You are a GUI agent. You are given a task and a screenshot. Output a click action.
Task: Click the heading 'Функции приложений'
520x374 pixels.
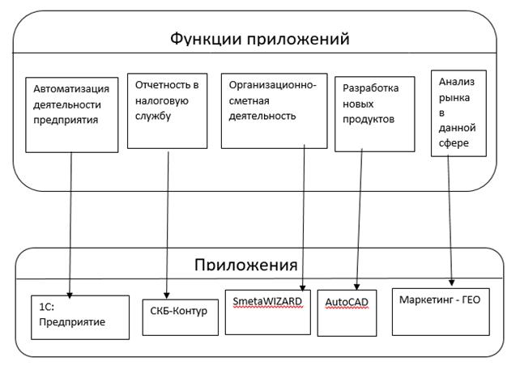259,38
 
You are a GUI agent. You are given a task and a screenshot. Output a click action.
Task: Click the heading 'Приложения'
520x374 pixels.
245,265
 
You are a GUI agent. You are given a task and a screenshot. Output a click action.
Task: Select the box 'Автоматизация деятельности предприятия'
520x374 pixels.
72,113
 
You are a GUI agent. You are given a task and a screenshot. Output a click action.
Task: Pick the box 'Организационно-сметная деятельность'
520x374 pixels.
273,111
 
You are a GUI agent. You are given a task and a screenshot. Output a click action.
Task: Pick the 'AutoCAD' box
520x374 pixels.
347,312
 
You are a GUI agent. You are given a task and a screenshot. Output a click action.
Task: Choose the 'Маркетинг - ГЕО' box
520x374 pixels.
441,311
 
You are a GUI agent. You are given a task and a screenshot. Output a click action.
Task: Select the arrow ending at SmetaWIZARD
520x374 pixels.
305,219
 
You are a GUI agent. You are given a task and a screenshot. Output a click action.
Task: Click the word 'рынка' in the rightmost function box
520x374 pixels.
453,98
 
